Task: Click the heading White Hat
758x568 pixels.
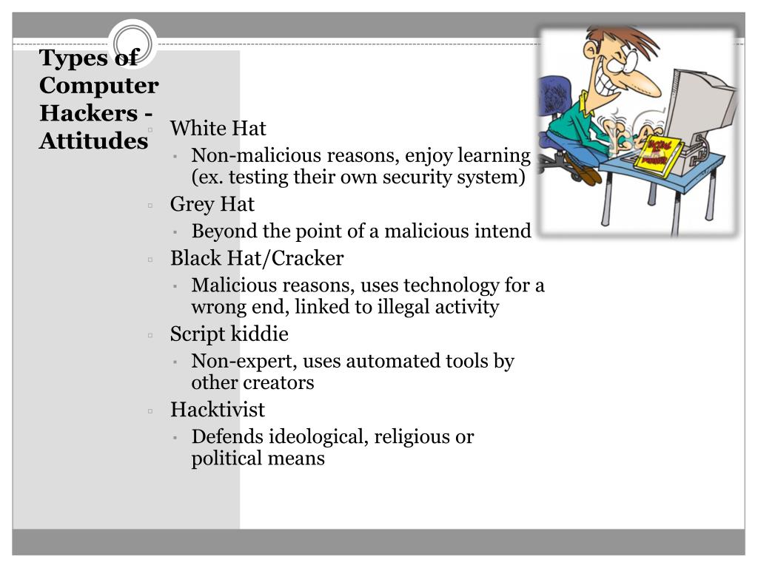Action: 218,129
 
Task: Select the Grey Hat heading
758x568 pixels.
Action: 212,204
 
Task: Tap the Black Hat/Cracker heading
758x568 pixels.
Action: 257,258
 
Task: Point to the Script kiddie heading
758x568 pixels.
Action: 229,334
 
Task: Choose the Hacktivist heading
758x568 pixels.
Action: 217,410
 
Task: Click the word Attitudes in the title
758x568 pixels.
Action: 93,141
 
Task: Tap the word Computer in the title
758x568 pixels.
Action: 98,86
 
